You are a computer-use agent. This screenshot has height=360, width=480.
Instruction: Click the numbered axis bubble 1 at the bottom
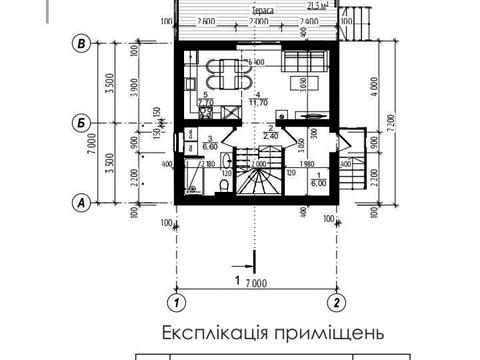pyautogui.click(x=176, y=300)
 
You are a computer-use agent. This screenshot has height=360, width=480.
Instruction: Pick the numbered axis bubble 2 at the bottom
pyautogui.click(x=337, y=300)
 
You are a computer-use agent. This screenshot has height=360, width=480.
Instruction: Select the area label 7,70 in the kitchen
pyautogui.click(x=206, y=102)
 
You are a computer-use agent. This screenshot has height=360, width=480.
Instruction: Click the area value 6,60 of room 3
pyautogui.click(x=211, y=147)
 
